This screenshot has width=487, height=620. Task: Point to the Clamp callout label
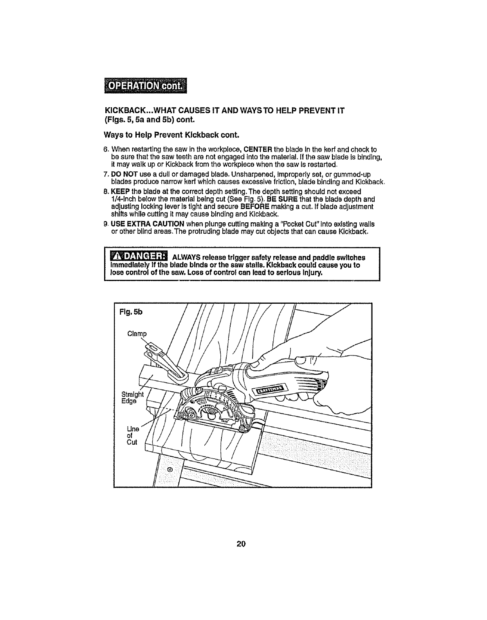click(x=137, y=334)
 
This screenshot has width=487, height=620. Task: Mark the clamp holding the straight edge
click(x=169, y=360)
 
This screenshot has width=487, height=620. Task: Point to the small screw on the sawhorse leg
click(x=170, y=469)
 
